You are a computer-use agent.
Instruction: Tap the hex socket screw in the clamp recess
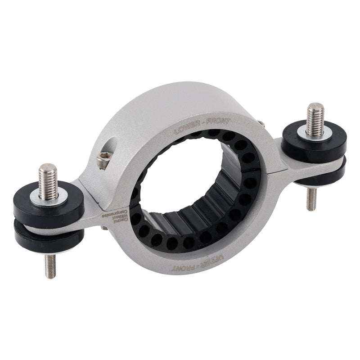[104, 158]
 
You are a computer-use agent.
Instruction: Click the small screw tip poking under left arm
[104, 228]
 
